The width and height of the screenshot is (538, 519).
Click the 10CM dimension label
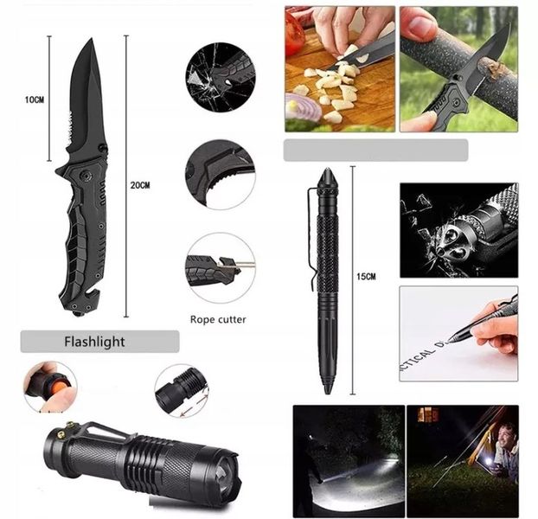(34, 100)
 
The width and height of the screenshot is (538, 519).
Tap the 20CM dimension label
(140, 185)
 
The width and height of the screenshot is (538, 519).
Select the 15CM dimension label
(366, 276)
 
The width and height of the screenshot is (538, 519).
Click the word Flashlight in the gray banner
(94, 342)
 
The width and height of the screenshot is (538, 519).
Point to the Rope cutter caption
(218, 319)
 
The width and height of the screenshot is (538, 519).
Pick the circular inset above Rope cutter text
(220, 267)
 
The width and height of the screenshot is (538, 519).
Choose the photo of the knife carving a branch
(458, 69)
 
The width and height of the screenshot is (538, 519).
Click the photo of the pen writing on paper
(458, 333)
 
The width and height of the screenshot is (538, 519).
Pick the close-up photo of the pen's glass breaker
(458, 229)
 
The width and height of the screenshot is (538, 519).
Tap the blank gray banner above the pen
(375, 151)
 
